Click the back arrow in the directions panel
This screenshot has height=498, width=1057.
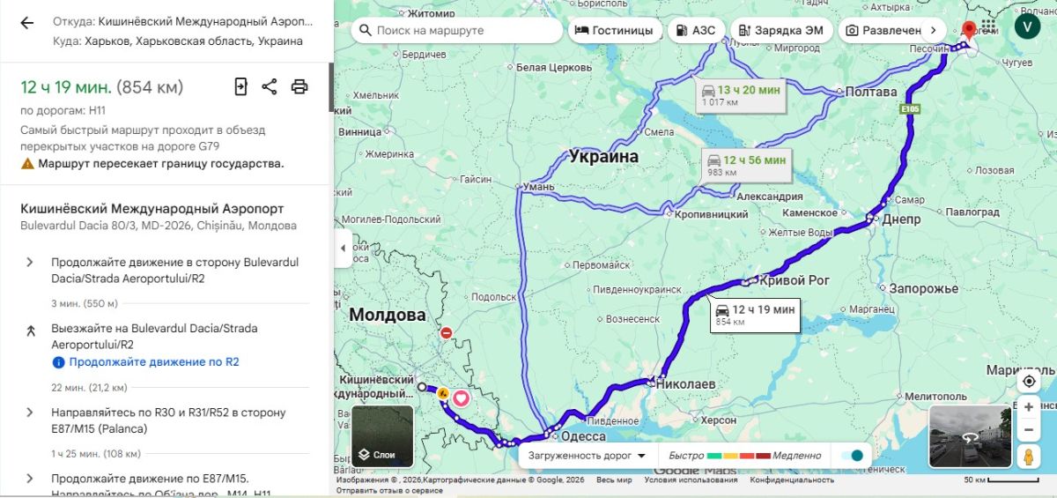click(x=27, y=23)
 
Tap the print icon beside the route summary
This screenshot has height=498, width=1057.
click(x=299, y=86)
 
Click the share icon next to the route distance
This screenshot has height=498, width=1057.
click(x=270, y=86)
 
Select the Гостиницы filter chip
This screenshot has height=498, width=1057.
click(x=614, y=30)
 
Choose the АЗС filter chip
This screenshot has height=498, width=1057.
click(x=695, y=30)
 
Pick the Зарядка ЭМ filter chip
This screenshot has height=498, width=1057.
click(x=780, y=30)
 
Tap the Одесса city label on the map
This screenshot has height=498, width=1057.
click(x=583, y=436)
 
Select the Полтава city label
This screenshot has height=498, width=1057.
click(x=870, y=92)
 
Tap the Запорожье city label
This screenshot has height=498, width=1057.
click(x=923, y=288)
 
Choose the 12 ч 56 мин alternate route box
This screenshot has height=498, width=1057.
click(x=746, y=165)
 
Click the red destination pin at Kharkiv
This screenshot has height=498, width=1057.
click(x=970, y=30)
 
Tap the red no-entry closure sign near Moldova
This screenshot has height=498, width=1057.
click(x=446, y=333)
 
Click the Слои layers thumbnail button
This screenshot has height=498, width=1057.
click(x=383, y=436)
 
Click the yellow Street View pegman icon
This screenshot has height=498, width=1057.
click(x=1028, y=456)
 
